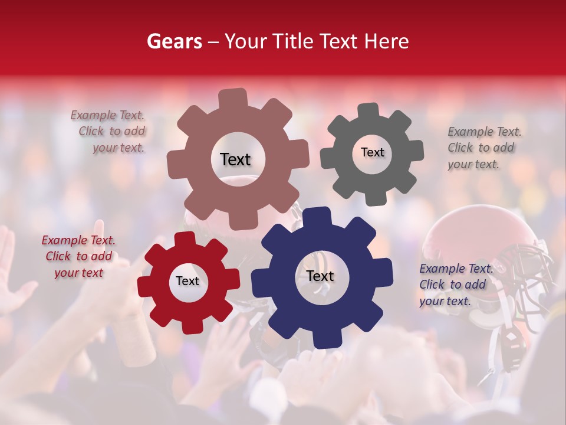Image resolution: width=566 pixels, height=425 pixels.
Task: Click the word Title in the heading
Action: tap(295, 41)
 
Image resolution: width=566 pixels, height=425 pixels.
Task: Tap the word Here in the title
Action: tap(387, 41)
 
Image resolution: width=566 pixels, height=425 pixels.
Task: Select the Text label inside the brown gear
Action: tap(235, 159)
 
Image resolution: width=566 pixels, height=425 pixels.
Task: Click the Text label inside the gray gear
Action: tap(372, 152)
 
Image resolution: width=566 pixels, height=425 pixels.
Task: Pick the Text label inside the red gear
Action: tap(187, 281)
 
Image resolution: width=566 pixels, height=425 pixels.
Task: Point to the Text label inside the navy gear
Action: tap(320, 276)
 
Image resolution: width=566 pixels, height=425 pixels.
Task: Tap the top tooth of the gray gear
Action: tap(369, 111)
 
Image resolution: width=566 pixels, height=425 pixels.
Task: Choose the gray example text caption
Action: tap(483, 148)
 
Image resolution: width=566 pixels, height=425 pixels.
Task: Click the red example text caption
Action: tap(78, 256)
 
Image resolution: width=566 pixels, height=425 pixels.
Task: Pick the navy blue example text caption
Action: tap(454, 285)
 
